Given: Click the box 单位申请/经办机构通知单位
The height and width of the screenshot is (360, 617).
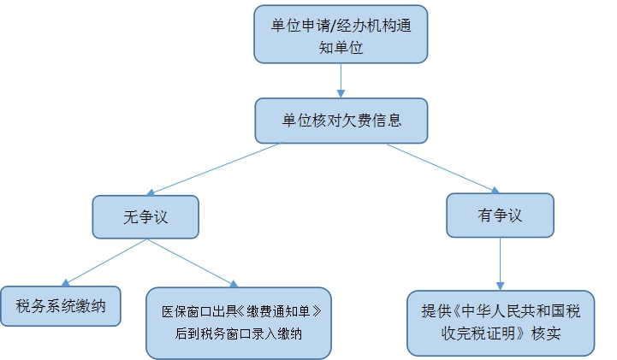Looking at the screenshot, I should (341, 34).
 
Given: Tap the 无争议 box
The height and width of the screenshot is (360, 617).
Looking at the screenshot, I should (145, 216).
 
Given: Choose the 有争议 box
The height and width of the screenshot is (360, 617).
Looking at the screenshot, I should (500, 215).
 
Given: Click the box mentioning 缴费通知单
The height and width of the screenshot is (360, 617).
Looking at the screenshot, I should (238, 322).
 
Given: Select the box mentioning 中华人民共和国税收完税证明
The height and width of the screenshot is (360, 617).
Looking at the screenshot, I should (500, 322).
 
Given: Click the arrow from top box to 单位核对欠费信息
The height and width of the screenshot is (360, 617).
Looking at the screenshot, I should (341, 81).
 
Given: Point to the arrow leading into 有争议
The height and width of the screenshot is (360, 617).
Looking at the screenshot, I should (441, 167).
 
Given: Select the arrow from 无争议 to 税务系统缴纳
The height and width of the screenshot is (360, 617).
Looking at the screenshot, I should (103, 263).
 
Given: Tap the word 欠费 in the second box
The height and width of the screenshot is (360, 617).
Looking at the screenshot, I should (355, 121).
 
